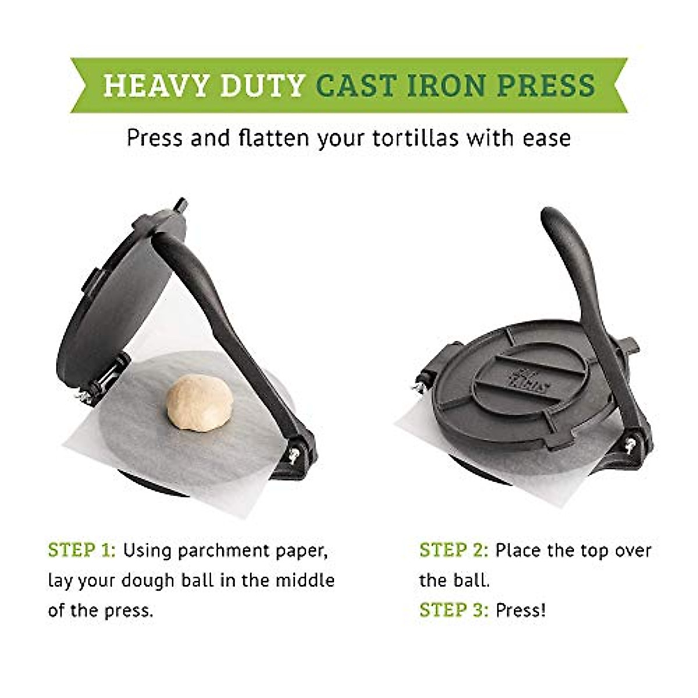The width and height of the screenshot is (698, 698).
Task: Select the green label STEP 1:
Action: [82, 550]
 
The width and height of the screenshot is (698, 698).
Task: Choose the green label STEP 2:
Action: [454, 550]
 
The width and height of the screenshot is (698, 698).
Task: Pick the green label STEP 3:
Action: [454, 610]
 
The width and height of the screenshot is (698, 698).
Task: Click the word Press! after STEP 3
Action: [521, 610]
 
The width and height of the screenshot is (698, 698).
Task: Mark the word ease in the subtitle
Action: [546, 138]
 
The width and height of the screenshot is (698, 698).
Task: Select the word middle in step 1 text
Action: [304, 580]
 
